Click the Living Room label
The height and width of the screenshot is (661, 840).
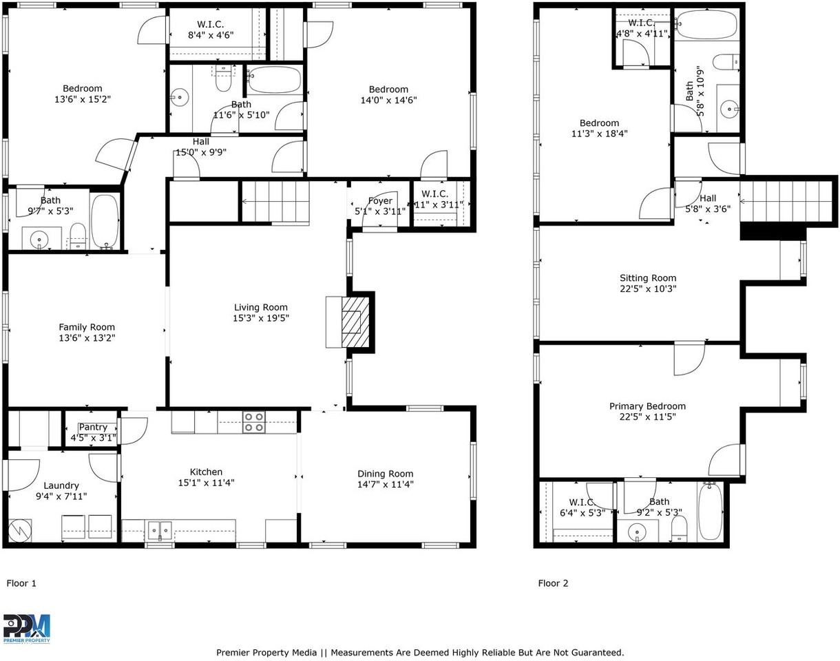click(x=261, y=307)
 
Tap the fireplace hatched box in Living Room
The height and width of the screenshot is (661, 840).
click(x=355, y=322)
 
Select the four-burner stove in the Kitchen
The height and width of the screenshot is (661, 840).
click(x=253, y=422)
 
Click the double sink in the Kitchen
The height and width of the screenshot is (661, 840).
click(x=160, y=531)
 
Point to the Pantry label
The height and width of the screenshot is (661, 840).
click(x=93, y=427)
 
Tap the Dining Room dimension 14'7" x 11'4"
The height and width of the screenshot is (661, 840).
click(x=386, y=484)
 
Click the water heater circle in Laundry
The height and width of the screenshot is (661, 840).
click(x=20, y=530)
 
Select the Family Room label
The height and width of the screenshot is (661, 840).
click(x=87, y=327)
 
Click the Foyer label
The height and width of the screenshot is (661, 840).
click(x=380, y=200)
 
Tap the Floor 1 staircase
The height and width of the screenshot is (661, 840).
click(x=275, y=202)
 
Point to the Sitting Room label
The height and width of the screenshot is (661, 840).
click(x=648, y=278)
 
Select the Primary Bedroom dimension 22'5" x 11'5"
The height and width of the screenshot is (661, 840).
click(x=648, y=417)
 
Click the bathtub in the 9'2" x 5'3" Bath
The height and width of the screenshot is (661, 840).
click(x=710, y=511)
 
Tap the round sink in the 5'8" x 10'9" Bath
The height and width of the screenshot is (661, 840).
click(x=728, y=109)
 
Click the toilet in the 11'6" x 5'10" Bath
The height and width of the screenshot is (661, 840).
click(x=223, y=78)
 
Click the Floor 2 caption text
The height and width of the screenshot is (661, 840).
click(x=553, y=583)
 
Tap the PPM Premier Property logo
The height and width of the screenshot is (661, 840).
click(x=27, y=629)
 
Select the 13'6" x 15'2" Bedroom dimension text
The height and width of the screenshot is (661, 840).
click(x=83, y=99)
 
